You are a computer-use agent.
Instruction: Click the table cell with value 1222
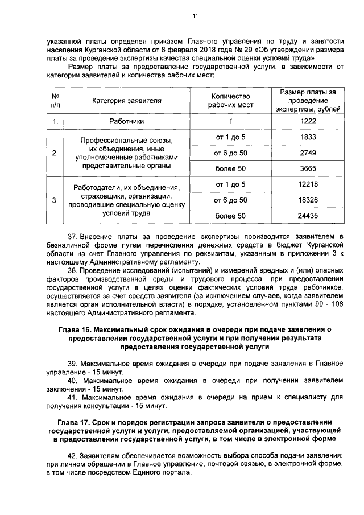308,121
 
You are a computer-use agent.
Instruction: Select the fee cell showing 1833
308,137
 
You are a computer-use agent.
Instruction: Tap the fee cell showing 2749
308,153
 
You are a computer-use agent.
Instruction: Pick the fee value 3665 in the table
308,169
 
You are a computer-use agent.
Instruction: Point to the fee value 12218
308,184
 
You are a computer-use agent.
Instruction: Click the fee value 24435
308,216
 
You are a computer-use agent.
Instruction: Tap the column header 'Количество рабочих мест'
230,101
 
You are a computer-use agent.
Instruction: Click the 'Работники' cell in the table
127,121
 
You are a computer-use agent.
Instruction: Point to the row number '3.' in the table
55,200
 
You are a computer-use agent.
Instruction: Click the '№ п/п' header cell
55,101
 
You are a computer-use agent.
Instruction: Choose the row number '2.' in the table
55,153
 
